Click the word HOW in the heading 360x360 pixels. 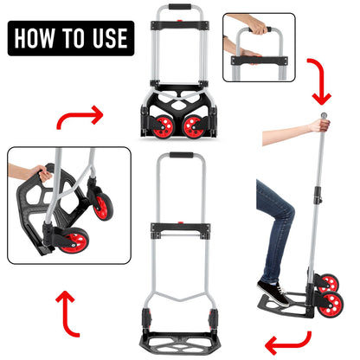pos(35,38)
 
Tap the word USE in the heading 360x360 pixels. pos(110,38)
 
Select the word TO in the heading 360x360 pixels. pos(74,38)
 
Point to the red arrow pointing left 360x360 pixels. pos(288,344)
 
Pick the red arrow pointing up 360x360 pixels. pos(68,314)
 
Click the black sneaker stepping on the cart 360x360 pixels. pos(273,292)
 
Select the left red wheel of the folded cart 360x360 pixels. pos(163,127)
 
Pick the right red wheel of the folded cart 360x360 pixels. pos(194,127)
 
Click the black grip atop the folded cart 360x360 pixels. pos(180,7)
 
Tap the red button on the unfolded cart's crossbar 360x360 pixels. pos(181,222)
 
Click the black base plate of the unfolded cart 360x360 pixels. pos(181,345)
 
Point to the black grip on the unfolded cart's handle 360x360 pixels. pos(181,155)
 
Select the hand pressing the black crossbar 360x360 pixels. pos(250,54)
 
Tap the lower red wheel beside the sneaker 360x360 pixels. pos(332,305)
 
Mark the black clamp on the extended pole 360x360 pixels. pos(318,194)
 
